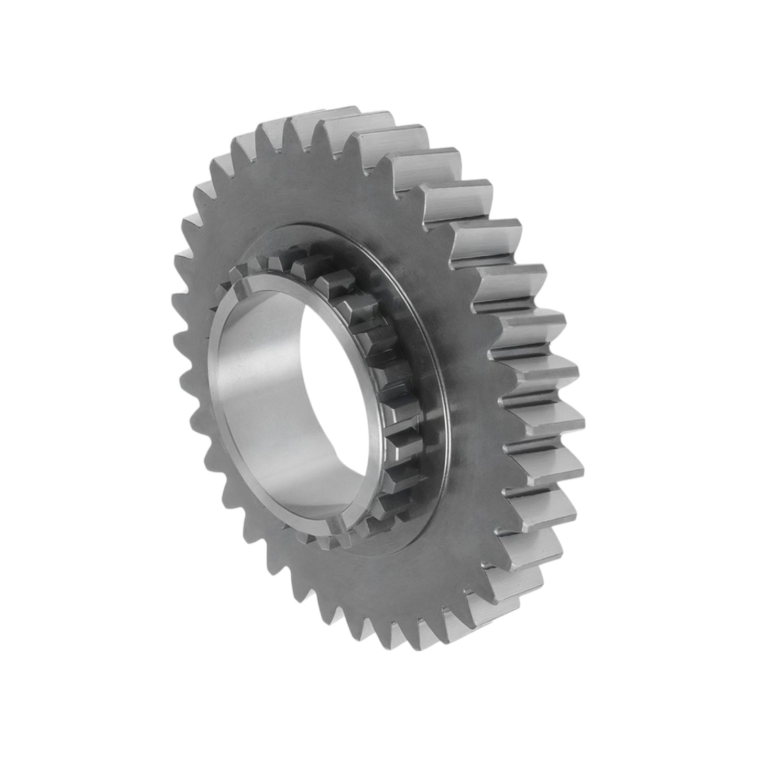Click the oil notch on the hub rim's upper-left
point(234,286)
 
